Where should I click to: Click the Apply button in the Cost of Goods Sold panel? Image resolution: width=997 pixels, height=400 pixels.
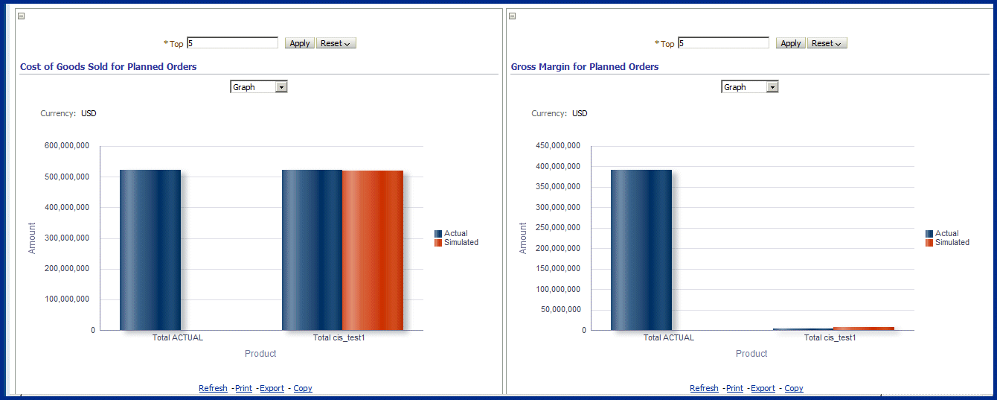[x=300, y=43]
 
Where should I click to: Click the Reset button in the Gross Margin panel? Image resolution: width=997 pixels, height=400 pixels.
[x=827, y=43]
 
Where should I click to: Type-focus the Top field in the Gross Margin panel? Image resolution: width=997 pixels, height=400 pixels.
[x=723, y=43]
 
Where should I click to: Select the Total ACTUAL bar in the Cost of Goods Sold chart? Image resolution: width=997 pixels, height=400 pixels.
[x=150, y=250]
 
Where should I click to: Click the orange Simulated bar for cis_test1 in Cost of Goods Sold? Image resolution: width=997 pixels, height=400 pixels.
[x=372, y=250]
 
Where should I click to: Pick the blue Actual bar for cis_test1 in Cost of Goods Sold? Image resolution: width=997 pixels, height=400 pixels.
[x=312, y=250]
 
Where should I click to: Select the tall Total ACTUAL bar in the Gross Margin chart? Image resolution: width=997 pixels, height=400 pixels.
[x=641, y=250]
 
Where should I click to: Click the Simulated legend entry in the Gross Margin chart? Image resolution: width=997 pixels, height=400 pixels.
[x=952, y=242]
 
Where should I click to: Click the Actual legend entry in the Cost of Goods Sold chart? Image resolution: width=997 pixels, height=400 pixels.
[x=455, y=233]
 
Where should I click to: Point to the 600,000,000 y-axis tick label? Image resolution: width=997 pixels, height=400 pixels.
[x=67, y=146]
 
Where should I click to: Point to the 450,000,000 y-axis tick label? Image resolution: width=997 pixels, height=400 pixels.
[x=558, y=146]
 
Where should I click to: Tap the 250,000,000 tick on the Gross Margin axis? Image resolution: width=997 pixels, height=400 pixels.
[x=558, y=228]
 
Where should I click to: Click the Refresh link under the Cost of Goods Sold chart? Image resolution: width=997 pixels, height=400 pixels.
[x=213, y=388]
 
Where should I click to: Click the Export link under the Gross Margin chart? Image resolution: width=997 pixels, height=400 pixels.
[x=763, y=388]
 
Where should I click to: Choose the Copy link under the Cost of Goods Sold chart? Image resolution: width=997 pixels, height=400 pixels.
[x=303, y=388]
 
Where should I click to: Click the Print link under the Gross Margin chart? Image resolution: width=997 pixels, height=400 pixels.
[x=734, y=388]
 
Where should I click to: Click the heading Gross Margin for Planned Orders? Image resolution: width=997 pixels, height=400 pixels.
[x=584, y=66]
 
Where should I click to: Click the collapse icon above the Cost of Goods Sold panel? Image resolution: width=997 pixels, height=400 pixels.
[x=21, y=16]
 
